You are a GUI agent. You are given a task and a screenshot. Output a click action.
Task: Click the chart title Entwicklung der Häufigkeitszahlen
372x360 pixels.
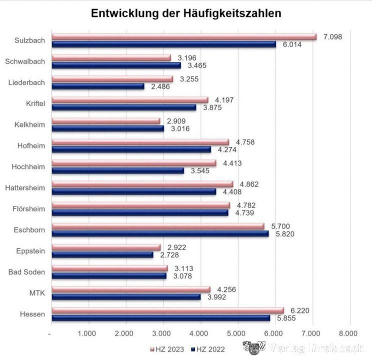(x=186, y=13)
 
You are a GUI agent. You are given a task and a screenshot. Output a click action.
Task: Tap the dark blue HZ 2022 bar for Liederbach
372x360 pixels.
(x=98, y=86)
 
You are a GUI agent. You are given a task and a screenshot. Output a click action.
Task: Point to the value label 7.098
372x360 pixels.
(x=332, y=37)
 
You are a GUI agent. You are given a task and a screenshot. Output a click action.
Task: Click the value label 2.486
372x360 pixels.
(x=159, y=86)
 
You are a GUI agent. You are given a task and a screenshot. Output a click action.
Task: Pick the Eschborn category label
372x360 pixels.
(x=30, y=230)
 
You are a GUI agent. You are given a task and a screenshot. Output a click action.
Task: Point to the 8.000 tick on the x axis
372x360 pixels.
(x=348, y=333)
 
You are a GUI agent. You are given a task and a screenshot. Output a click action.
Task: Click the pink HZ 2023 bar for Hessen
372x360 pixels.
(x=167, y=310)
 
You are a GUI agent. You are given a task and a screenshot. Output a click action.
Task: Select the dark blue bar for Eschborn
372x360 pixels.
(x=160, y=233)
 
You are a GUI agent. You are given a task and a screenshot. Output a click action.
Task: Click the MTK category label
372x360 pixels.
(x=37, y=293)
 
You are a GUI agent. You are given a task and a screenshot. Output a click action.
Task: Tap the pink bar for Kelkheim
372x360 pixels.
(x=106, y=121)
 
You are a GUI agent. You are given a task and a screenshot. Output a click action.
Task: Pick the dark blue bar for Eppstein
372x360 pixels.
(x=102, y=254)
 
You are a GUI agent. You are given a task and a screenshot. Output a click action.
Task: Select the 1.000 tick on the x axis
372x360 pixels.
(x=87, y=333)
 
